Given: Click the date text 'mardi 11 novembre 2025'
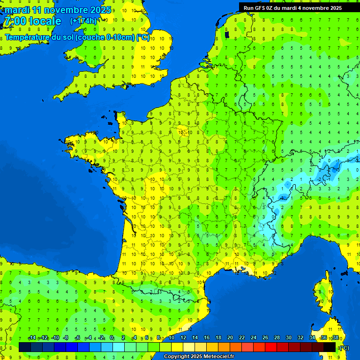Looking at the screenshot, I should [x=58, y=10].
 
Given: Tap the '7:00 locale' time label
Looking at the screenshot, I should [x=33, y=21].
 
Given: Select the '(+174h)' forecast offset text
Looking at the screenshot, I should [x=83, y=21].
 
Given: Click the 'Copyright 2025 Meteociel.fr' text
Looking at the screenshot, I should [x=199, y=357].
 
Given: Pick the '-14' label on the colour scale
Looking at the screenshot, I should [x=32, y=338].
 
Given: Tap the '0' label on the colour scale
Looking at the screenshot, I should [x=112, y=338].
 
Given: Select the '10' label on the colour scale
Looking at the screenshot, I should [x=171, y=338].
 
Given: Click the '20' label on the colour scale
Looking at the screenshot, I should [x=230, y=338].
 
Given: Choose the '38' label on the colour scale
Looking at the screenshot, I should [x=335, y=338].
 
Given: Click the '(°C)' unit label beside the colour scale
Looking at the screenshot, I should [x=345, y=347].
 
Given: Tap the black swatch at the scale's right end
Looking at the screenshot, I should [x=330, y=347].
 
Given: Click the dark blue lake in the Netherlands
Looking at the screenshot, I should [x=227, y=34].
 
